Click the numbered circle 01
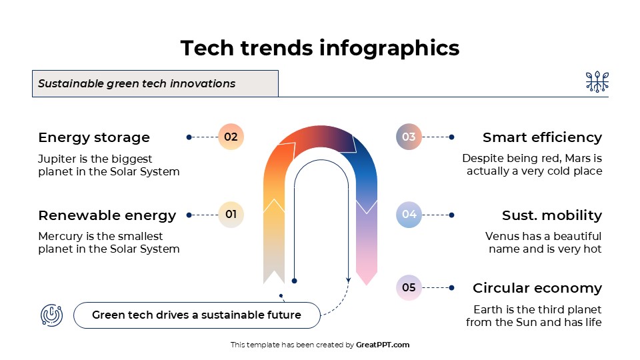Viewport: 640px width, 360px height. [x=231, y=215]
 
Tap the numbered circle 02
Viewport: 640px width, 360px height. [x=231, y=137]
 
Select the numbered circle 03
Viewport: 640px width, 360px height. [x=409, y=137]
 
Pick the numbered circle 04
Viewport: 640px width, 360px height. [x=409, y=215]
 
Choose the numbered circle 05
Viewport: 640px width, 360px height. [x=409, y=288]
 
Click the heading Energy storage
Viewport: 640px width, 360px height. [x=94, y=137]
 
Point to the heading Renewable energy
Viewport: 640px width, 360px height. [x=107, y=215]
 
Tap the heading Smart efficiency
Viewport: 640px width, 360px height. [x=542, y=137]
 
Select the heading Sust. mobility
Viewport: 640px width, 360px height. [x=551, y=215]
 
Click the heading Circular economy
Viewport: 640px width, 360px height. [x=537, y=288]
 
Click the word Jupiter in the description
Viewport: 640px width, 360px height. [x=57, y=159]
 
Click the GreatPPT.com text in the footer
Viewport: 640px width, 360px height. [x=383, y=345]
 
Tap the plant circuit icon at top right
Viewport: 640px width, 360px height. [x=597, y=82]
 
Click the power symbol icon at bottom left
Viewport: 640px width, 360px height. [x=52, y=315]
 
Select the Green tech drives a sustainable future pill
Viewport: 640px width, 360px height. [x=197, y=315]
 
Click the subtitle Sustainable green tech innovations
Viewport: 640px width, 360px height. [x=137, y=84]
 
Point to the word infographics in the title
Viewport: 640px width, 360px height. [x=389, y=48]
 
